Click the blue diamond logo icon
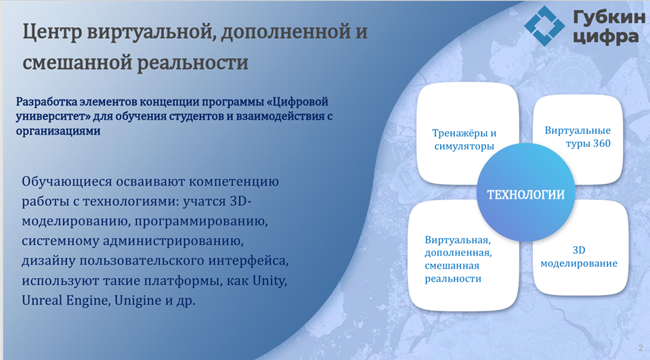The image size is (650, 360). tap(544, 26)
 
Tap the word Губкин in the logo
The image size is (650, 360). tap(609, 18)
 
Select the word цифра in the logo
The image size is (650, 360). tap(605, 37)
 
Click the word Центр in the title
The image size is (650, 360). tap(52, 32)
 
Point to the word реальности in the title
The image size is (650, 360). tap(192, 62)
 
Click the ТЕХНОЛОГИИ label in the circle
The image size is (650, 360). tap(525, 195)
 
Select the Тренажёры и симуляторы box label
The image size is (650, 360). tap(464, 139)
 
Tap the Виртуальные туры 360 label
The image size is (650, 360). tap(578, 137)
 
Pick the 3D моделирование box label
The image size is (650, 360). tap(579, 257)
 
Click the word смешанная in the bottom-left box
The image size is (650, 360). tap(452, 265)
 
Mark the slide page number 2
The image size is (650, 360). tap(641, 348)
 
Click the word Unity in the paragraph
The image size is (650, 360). tap(270, 281)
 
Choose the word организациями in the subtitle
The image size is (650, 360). tap(58, 131)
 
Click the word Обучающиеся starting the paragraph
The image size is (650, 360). tap(67, 182)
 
